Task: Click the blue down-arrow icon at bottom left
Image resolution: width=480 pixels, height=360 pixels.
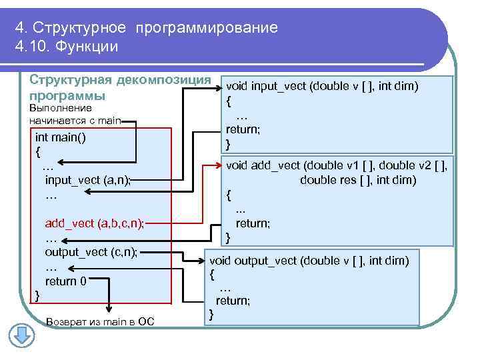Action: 22,334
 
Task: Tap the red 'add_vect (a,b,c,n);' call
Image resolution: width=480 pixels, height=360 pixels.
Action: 94,223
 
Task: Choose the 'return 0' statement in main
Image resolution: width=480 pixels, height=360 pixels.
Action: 65,281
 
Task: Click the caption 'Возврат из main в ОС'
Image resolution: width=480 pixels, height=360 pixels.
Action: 100,322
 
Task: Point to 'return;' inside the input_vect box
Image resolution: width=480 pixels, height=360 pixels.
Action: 243,129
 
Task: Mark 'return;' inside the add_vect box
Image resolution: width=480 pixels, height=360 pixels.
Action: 253,223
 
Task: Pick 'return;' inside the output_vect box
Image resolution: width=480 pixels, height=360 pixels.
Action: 233,301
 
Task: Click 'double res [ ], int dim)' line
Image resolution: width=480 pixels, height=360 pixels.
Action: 358,180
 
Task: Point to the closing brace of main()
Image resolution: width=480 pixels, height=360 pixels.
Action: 37,295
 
